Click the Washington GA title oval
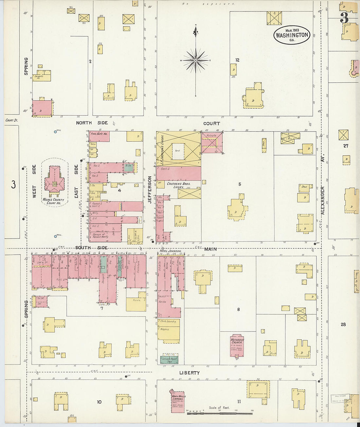click(292, 35)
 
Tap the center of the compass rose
click(195, 61)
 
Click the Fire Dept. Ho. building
click(99, 136)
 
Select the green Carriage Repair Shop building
click(169, 360)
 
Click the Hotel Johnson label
click(170, 251)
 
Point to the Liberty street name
click(189, 373)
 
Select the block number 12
click(237, 60)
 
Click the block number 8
click(238, 309)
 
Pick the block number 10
click(99, 402)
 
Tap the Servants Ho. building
click(42, 76)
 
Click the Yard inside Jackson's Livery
click(178, 151)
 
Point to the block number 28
click(343, 325)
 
